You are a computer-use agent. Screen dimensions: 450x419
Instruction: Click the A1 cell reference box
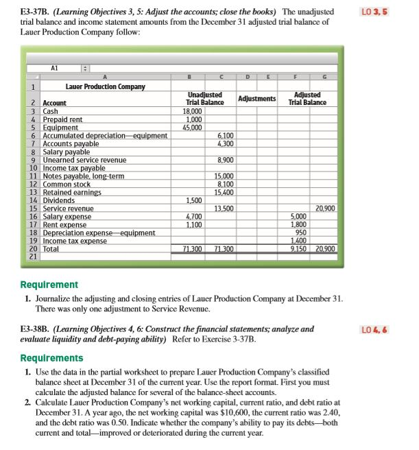(x=55, y=67)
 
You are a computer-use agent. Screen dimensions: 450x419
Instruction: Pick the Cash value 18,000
(x=192, y=111)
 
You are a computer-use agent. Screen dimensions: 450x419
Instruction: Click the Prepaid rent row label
(x=62, y=119)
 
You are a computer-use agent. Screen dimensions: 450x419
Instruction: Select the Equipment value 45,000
(x=192, y=128)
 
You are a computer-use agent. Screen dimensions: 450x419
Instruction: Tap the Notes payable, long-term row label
(x=83, y=176)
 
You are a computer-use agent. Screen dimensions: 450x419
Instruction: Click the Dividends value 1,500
(x=193, y=200)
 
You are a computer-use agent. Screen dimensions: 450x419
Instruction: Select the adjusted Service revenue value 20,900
(x=325, y=209)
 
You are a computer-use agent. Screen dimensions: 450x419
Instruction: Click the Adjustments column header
(x=256, y=99)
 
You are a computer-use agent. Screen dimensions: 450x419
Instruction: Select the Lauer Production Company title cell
(x=105, y=86)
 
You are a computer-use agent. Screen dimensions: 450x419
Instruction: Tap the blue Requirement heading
(x=49, y=284)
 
